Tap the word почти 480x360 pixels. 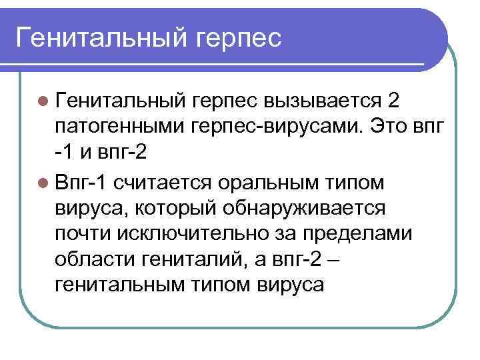pyautogui.click(x=85, y=234)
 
